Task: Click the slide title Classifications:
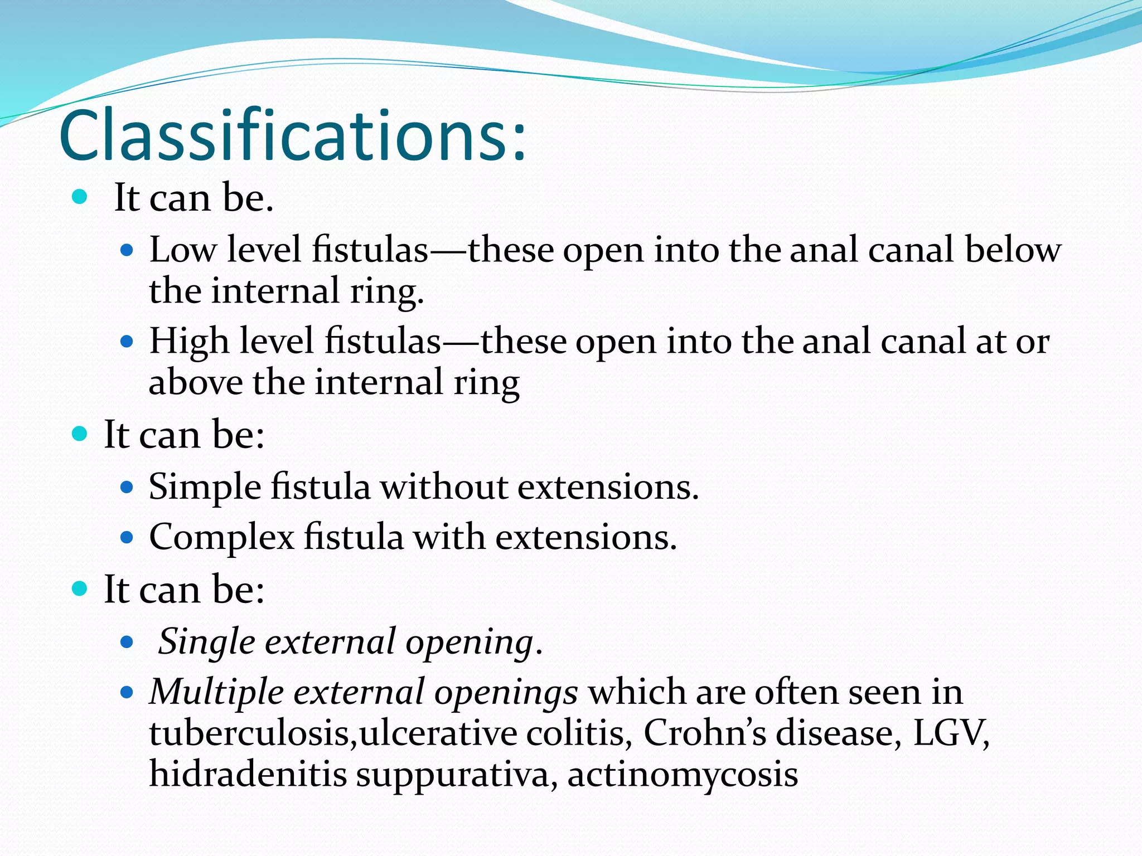(x=292, y=135)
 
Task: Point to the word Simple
(x=205, y=487)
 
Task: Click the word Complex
(x=221, y=537)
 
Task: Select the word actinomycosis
(x=682, y=775)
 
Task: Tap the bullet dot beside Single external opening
(x=127, y=642)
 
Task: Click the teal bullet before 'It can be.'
(x=80, y=197)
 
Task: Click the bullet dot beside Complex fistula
(x=127, y=538)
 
